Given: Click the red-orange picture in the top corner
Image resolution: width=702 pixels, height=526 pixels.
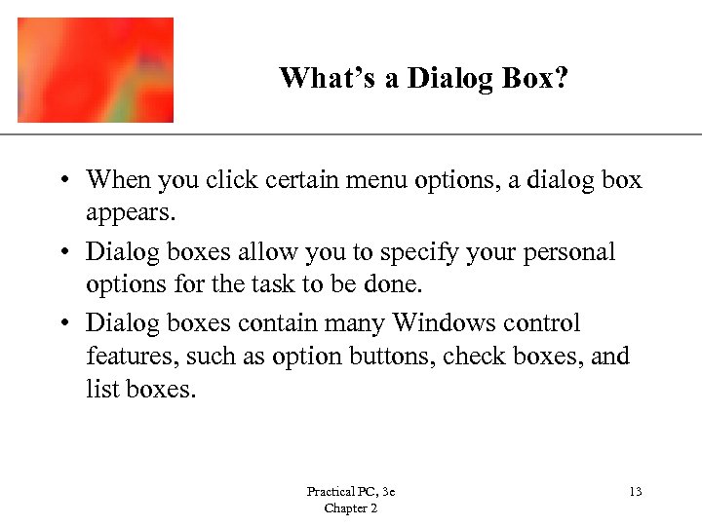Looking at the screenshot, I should click(x=96, y=70).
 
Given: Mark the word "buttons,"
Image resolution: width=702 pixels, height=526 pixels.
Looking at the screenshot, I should click(x=394, y=357).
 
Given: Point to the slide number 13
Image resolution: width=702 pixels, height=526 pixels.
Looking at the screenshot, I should click(x=636, y=492).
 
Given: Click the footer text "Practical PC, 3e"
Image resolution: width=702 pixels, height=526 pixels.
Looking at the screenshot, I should click(x=350, y=492).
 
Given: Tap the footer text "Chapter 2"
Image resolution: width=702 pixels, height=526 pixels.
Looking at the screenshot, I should click(x=351, y=508).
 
